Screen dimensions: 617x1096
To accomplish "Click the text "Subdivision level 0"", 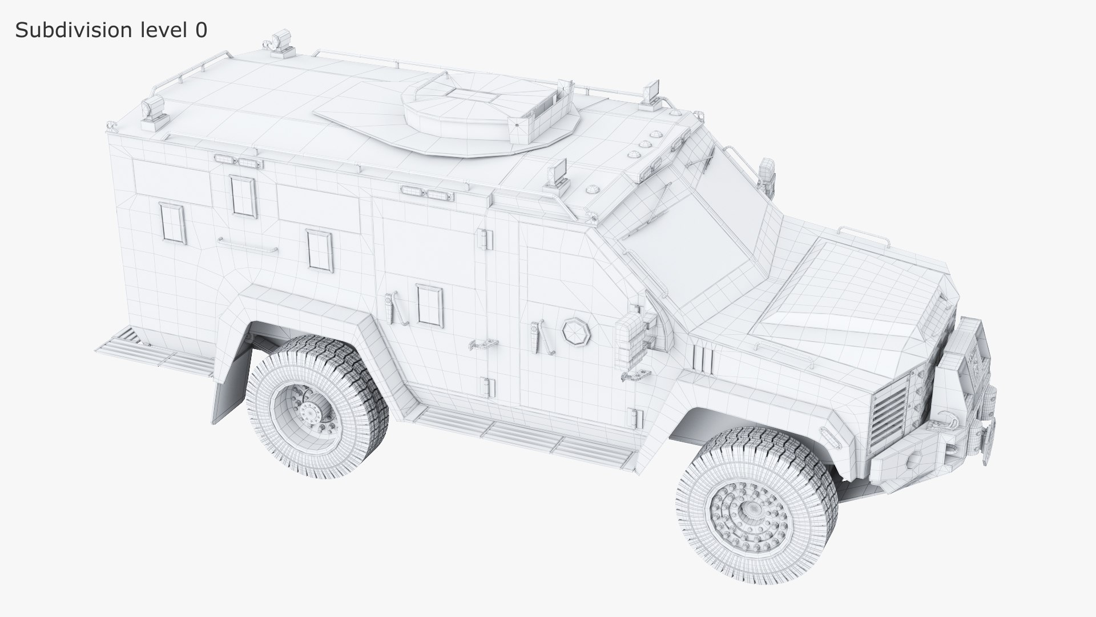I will (x=111, y=30).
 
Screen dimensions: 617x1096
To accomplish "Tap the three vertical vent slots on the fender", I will (x=703, y=358).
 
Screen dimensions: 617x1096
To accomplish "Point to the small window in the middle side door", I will (x=429, y=305).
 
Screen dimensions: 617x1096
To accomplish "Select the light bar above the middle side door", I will (x=425, y=192).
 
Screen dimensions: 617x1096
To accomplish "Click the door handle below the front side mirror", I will (x=636, y=375).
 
